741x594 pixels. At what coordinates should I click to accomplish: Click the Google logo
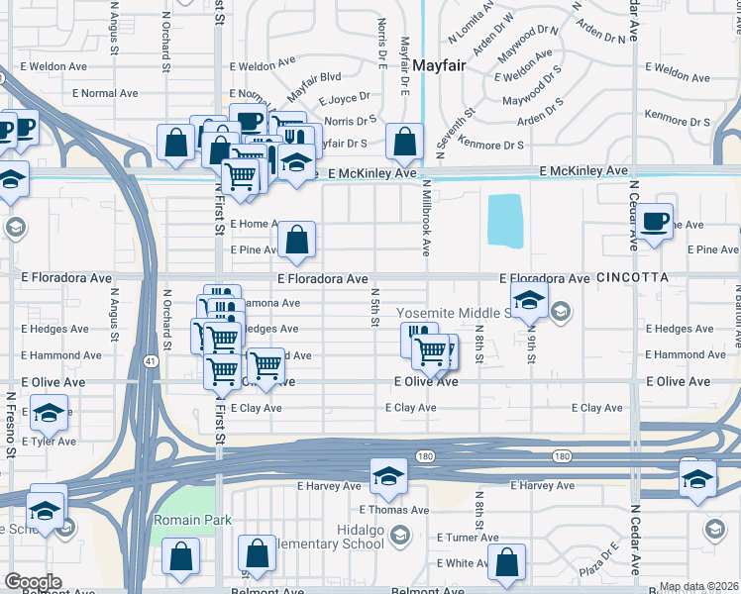pos(33,582)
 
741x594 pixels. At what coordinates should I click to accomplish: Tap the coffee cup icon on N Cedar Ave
pos(654,220)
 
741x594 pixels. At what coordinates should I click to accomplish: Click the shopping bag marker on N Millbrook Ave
pos(405,142)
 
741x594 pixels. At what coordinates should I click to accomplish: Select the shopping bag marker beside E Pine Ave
pos(296,239)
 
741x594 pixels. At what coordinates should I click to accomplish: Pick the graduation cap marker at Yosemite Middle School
pos(529,298)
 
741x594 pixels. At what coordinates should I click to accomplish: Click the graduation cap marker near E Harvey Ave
pos(389,476)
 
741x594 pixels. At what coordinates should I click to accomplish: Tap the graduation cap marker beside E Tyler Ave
pos(48,414)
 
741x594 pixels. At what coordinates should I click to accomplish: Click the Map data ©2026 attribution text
pos(698,587)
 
